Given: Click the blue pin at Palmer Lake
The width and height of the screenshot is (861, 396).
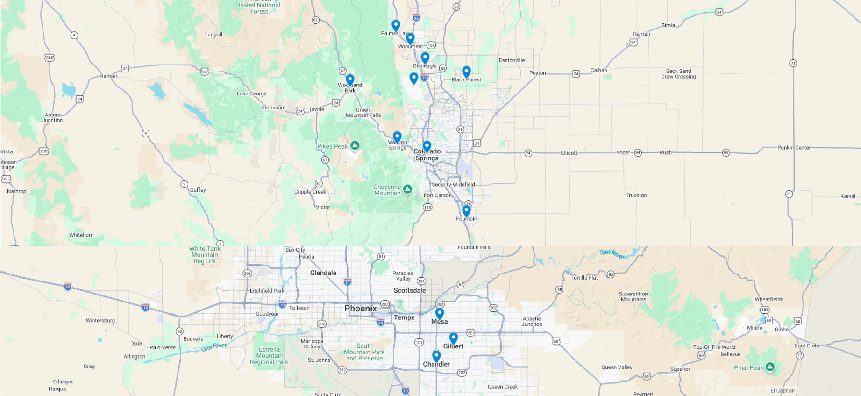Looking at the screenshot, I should point(396,25).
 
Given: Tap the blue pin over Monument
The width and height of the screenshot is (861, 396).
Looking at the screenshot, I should point(410,38).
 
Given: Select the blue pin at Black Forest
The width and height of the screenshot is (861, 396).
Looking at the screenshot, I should point(466,72).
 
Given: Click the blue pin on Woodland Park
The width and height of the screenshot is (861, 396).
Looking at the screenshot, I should point(350,80).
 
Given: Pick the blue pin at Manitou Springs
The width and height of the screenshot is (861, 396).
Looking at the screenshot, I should point(397,137).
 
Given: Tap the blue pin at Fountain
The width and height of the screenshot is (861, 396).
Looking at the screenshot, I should point(466,211).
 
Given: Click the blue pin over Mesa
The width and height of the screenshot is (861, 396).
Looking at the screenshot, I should point(440,313).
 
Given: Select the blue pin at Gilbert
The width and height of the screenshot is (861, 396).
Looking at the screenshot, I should point(453,338).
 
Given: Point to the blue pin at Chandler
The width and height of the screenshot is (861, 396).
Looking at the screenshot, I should point(436,356).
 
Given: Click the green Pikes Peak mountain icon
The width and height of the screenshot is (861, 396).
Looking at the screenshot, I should point(355,146).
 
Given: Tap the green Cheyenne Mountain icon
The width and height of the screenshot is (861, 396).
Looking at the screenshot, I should point(407,189).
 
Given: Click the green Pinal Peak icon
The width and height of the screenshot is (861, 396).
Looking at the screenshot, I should point(770,367).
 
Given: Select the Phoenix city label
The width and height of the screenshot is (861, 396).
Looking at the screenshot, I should point(360,309).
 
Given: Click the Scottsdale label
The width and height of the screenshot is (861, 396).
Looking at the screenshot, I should point(409,290).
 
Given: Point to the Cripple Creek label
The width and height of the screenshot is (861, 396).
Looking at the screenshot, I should point(310,192).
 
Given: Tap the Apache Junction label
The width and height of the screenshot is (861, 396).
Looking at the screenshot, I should point(532,321).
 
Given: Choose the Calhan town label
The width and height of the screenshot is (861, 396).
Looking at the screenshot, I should point(598,71).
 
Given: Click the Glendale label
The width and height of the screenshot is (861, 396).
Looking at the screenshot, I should point(323,273).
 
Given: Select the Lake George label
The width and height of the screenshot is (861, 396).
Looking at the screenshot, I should point(251,94).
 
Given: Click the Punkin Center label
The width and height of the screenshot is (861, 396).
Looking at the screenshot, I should point(794,148).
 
